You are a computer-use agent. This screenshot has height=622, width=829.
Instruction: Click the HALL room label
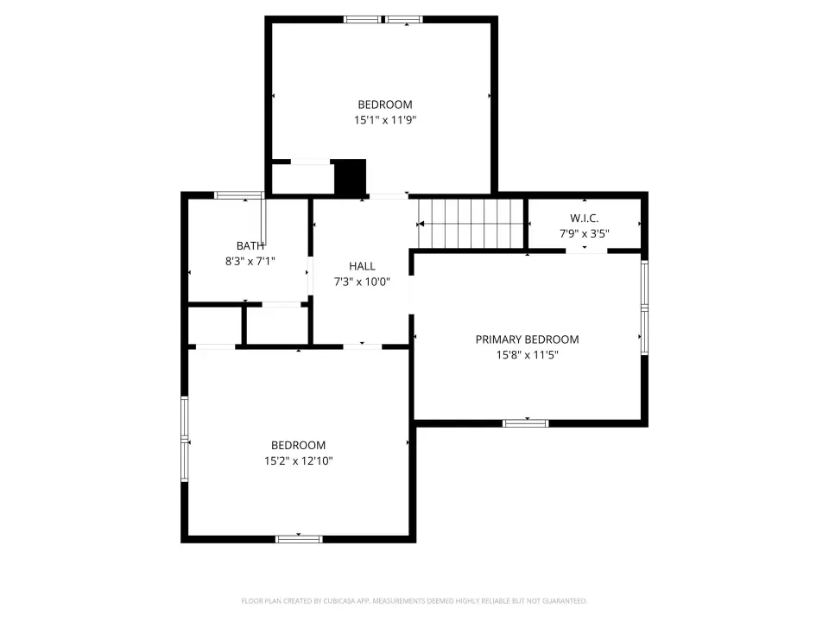(x=362, y=266)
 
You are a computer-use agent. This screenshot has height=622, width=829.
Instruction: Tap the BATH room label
(x=250, y=246)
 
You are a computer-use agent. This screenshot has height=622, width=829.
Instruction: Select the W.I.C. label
(x=585, y=218)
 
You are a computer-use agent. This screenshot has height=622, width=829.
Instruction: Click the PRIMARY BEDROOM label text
(x=527, y=340)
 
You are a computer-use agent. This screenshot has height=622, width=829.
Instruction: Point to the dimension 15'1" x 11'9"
(x=385, y=120)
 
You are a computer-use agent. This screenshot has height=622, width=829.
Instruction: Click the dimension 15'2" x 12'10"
(x=298, y=460)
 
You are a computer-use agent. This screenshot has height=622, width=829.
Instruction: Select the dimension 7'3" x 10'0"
(x=362, y=282)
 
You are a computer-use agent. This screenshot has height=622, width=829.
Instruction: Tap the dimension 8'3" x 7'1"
(x=250, y=261)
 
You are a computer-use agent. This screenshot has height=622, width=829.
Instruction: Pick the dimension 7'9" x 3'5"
(x=585, y=233)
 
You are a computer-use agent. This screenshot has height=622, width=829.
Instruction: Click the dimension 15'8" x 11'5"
(x=527, y=355)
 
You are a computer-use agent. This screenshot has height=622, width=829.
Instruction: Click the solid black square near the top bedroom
(x=350, y=176)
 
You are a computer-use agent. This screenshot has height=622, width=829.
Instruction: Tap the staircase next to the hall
(x=471, y=223)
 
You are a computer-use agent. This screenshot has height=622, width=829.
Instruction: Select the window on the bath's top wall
(x=239, y=195)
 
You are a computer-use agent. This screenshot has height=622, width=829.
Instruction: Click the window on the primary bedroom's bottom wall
(x=526, y=423)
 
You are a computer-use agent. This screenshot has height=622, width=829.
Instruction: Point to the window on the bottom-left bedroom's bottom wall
(x=299, y=539)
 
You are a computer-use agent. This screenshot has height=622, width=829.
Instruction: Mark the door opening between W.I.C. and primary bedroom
(x=586, y=251)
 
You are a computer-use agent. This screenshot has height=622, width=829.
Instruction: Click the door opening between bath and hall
(x=310, y=276)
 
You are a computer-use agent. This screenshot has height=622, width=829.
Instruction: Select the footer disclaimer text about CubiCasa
(x=414, y=601)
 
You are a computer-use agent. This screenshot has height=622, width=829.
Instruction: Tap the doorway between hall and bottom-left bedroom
(x=363, y=347)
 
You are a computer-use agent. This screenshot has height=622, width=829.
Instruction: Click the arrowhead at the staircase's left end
(x=421, y=225)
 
